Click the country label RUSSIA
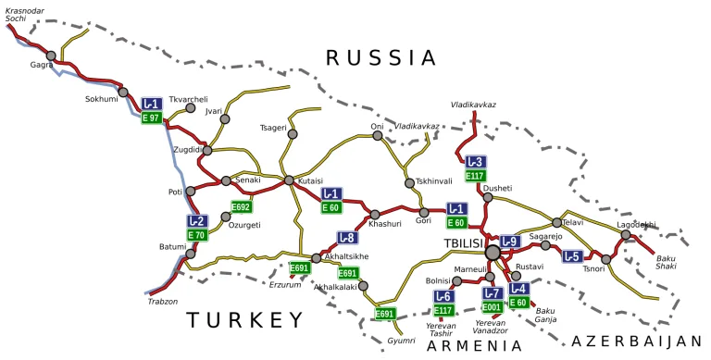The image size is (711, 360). click(380, 57)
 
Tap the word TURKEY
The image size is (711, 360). click(244, 320)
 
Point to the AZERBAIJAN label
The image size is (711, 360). click(637, 341)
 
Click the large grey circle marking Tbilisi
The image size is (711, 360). click(493, 251)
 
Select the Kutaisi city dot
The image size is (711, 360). click(289, 180)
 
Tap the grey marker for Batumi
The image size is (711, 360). click(191, 253)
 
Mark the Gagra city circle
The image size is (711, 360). click(51, 56)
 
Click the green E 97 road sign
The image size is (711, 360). click(152, 118)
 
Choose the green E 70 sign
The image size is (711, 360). click(196, 235)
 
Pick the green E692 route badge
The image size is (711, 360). click(242, 206)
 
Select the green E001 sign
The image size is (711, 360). click(493, 306)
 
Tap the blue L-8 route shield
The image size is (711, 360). click(346, 238)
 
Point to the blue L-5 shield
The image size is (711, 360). click(572, 256)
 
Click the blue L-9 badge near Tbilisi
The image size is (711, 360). click(510, 242)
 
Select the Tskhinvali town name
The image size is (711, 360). click(434, 181)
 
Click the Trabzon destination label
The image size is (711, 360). click(161, 301)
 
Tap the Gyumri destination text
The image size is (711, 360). click(401, 341)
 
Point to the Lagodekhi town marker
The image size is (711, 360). click(626, 235)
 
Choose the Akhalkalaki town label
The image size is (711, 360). click(335, 287)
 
